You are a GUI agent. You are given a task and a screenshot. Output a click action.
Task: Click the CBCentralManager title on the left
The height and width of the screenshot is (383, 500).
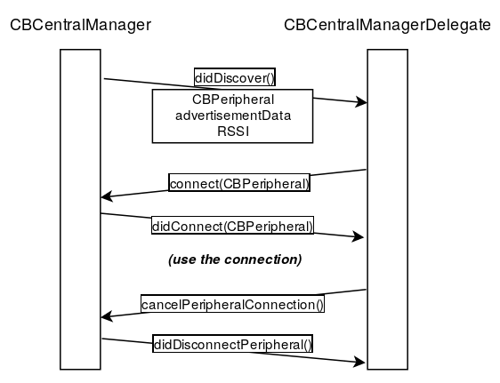[80, 25]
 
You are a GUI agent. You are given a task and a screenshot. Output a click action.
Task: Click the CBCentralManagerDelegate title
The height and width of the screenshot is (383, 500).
[387, 25]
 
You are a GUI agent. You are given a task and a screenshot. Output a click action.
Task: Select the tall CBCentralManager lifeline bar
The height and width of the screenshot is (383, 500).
[80, 210]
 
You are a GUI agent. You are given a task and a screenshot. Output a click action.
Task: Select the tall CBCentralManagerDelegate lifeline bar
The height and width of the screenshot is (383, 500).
[387, 210]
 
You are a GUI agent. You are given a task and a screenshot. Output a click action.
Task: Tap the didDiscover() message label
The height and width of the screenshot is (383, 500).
[235, 77]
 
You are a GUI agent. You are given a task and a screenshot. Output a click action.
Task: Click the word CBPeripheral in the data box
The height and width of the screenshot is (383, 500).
[233, 100]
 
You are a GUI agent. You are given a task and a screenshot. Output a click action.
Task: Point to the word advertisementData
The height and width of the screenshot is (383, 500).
[233, 116]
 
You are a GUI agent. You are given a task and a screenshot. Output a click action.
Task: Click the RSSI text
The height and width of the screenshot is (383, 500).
[233, 132]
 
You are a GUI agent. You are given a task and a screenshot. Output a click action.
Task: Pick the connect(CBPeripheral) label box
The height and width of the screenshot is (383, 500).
[239, 183]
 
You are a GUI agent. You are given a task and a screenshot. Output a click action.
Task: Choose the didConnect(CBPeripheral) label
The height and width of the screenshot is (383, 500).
[232, 226]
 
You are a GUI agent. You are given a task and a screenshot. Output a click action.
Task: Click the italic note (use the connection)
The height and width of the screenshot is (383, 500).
[235, 259]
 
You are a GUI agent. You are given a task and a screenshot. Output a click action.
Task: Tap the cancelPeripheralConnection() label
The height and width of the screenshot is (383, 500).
[232, 304]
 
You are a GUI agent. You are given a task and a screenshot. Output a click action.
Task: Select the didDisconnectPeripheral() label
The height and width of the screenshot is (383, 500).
[232, 344]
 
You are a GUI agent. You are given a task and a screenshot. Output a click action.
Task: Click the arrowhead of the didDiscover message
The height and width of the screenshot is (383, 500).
[361, 102]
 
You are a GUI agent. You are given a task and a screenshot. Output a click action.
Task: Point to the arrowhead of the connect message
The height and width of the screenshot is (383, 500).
[107, 196]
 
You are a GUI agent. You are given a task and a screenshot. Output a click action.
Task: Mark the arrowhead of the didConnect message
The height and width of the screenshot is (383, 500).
[358, 236]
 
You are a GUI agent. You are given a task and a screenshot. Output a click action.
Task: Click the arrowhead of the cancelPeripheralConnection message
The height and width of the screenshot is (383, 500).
[107, 316]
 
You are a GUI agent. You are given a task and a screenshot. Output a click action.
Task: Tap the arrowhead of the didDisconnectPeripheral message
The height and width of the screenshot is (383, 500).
[359, 362]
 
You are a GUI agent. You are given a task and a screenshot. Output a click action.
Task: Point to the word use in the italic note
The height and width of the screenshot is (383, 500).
[182, 259]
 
